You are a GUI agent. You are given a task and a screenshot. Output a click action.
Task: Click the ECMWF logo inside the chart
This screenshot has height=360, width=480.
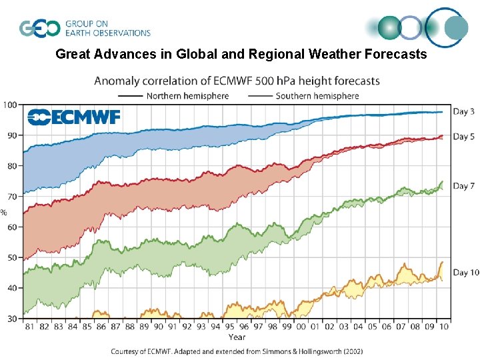73,117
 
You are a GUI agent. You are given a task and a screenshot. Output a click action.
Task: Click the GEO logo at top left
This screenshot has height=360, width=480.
39,29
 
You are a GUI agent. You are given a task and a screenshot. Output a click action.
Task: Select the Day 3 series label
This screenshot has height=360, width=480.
464,111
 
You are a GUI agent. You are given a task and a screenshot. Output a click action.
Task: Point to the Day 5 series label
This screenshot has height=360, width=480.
464,137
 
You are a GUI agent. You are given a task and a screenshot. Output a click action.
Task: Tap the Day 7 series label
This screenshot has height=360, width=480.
464,186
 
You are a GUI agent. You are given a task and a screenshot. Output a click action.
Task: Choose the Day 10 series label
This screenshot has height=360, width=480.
466,273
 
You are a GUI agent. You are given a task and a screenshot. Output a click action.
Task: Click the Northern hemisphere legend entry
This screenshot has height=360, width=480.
187,96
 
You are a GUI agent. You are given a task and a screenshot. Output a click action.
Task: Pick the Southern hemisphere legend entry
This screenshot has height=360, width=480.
317,96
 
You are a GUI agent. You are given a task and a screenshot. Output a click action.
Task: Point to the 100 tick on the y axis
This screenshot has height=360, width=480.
10,105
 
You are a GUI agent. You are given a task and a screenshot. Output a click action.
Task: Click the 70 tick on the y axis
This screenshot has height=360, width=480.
12,197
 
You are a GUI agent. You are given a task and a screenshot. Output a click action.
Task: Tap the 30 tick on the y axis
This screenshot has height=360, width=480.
12,319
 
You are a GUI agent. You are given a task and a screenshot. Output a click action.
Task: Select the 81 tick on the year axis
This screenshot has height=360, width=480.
29,327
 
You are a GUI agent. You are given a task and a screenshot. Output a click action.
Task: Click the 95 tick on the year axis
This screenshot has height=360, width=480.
228,327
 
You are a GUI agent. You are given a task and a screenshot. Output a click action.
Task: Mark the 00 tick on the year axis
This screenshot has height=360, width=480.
300,327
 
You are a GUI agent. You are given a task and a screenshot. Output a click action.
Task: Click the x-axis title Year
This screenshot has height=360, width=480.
237,337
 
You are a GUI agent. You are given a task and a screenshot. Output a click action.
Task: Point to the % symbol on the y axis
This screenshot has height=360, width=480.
4,213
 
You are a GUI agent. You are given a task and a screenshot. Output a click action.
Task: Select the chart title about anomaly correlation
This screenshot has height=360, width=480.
237,81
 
